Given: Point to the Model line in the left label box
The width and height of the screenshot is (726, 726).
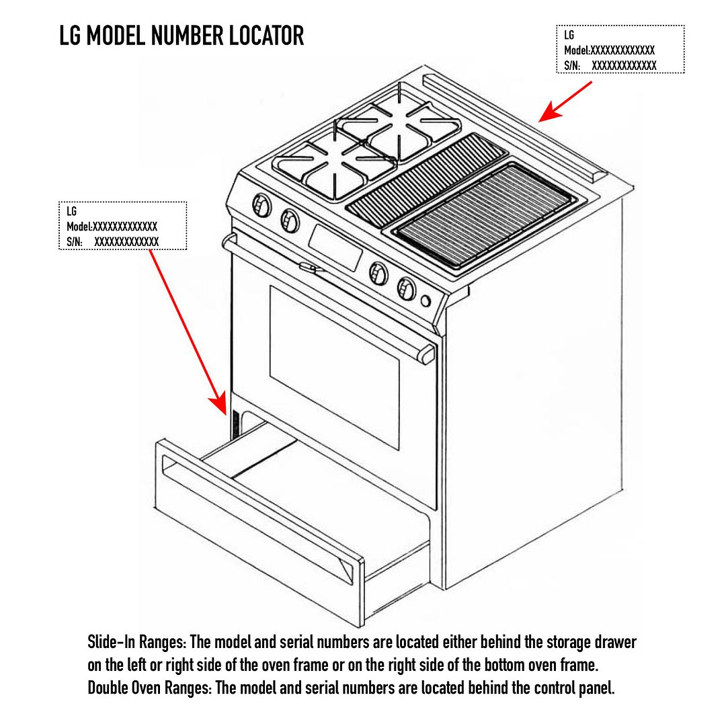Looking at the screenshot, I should tap(112, 227).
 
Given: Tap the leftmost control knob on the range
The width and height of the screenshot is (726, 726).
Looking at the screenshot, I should tap(261, 204).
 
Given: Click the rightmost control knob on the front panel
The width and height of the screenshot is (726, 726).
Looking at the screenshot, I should tap(406, 288).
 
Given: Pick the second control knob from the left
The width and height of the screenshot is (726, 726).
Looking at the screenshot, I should tap(290, 219).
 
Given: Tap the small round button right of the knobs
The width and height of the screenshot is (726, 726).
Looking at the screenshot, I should tap(426, 300).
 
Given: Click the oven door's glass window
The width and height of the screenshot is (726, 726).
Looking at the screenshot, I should tap(334, 366).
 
